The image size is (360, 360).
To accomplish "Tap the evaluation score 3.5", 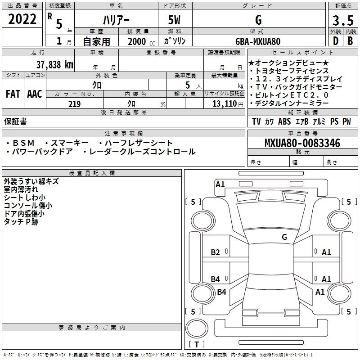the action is (342, 20).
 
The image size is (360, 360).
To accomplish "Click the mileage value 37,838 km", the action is (54, 65).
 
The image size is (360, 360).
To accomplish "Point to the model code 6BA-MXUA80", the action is (258, 41).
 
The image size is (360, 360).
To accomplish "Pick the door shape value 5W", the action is (174, 20).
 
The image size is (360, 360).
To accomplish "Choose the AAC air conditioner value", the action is (34, 94).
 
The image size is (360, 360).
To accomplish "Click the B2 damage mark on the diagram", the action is (216, 252).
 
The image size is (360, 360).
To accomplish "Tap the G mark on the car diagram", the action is (284, 237).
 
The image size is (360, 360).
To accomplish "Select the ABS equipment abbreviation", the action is (284, 121).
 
